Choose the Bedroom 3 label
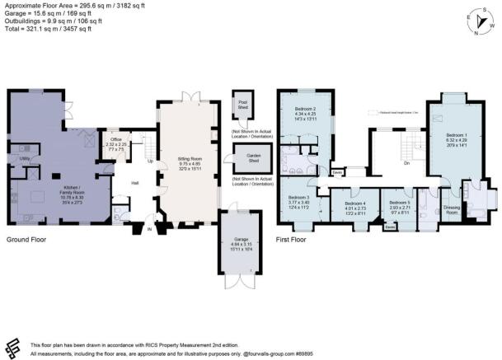(298, 201)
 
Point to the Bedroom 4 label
(354, 206)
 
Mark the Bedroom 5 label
(399, 206)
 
